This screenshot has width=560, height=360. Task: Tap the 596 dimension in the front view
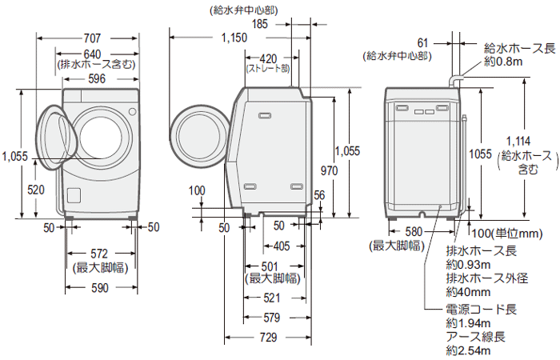tap(97, 78)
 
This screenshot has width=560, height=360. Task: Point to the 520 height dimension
tap(35, 190)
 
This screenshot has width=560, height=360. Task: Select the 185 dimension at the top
tap(259, 24)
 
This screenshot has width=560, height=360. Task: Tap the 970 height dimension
tap(328, 170)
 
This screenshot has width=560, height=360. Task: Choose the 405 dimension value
tap(282, 246)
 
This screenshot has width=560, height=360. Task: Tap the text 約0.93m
tap(469, 265)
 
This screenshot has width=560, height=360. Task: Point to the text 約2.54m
tap(469, 350)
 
